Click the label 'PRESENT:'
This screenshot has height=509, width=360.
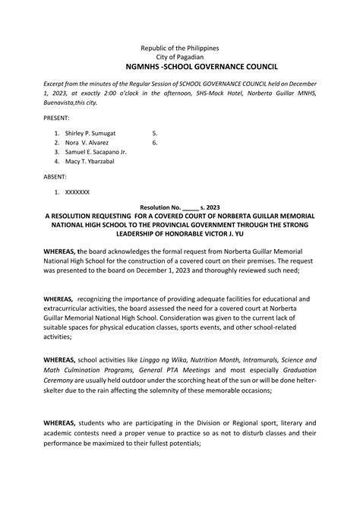pyautogui.click(x=58, y=119)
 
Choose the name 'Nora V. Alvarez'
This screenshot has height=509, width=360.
pyautogui.click(x=87, y=142)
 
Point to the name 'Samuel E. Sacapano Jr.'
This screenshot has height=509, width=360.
pyautogui.click(x=96, y=152)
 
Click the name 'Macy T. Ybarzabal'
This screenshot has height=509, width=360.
pyautogui.click(x=90, y=161)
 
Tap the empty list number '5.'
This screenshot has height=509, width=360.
pyautogui.click(x=154, y=133)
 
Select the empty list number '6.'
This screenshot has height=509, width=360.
pyautogui.click(x=154, y=142)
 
